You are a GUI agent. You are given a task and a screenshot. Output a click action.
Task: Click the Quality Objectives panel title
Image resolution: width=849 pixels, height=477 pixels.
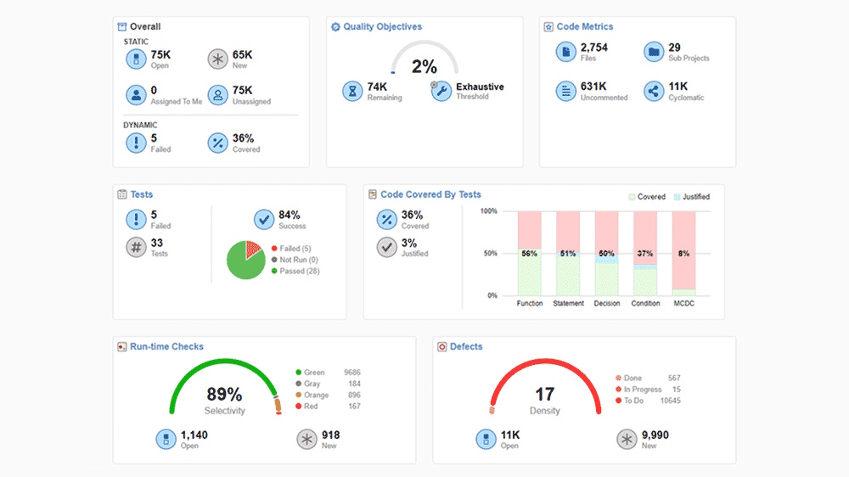coord(382,27)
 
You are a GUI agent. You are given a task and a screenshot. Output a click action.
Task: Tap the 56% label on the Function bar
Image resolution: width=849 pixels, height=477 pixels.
coord(530,254)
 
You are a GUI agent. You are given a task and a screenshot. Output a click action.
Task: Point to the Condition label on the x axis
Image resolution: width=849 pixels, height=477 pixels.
coord(645,303)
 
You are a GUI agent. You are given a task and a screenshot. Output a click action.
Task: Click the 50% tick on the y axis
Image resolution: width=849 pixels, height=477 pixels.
coord(490,254)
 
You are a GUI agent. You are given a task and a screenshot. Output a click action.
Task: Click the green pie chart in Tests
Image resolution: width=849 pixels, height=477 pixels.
coord(246,260)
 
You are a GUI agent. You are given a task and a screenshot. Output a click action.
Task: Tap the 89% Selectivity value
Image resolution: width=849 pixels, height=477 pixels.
coord(224,395)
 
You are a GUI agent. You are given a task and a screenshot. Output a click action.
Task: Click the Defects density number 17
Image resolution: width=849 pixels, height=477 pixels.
coord(544,395)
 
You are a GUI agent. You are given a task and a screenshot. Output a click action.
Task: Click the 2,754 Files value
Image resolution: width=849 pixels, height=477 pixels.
coord(594,48)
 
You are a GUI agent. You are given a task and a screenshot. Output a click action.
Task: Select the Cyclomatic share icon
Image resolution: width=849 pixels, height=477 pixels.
coord(653,92)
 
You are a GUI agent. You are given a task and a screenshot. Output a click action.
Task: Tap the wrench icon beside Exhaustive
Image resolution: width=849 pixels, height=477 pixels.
coord(441,92)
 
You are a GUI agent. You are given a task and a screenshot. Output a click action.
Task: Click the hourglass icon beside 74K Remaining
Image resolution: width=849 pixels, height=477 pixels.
coord(352,92)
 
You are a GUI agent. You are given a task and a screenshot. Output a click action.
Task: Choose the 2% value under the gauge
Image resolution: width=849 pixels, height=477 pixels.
coord(424,67)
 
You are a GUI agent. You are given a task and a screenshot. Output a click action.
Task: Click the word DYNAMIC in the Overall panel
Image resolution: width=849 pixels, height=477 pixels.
coord(140,125)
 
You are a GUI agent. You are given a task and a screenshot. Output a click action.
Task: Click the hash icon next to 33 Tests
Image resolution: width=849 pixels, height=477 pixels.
coord(137,248)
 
